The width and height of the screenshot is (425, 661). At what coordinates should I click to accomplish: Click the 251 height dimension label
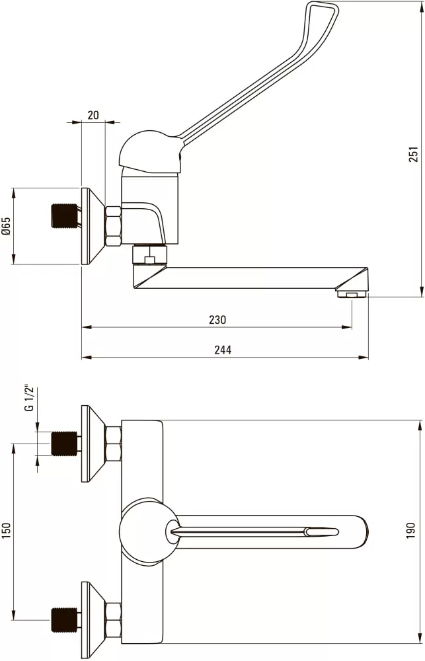click(x=414, y=154)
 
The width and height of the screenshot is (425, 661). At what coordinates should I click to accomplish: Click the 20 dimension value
click(x=93, y=114)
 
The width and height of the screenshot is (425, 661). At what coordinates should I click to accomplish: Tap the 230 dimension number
click(x=217, y=320)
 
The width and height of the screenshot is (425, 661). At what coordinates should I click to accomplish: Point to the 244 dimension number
click(x=223, y=350)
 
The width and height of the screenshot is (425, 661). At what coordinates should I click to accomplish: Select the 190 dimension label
click(x=411, y=531)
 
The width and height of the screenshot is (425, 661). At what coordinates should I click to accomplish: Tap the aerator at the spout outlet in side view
click(x=352, y=293)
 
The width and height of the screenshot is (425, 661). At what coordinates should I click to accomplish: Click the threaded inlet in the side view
click(x=65, y=216)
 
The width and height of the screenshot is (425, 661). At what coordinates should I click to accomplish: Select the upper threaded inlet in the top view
click(x=65, y=444)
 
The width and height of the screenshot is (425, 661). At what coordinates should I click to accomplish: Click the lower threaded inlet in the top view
click(x=65, y=620)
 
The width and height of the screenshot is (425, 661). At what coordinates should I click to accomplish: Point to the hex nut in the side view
click(x=113, y=226)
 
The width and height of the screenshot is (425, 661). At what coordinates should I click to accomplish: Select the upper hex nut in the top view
click(x=113, y=444)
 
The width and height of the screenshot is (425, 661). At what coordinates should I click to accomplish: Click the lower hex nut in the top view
click(x=113, y=620)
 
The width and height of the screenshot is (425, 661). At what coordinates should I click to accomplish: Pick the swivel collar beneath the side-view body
click(x=149, y=254)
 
